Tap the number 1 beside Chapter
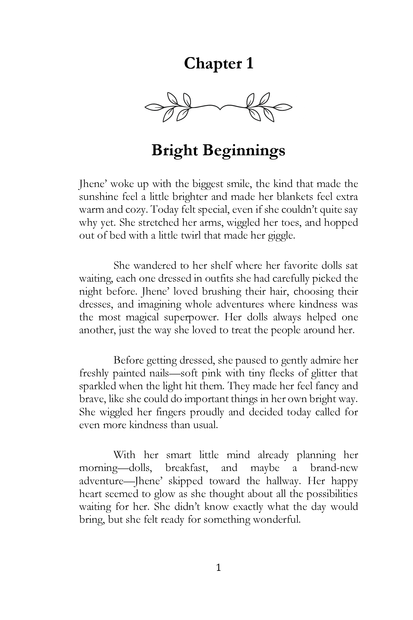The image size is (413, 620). [x=250, y=64]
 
